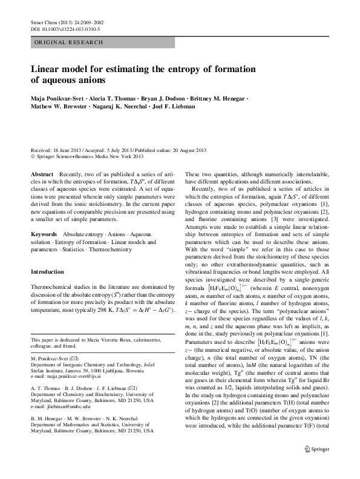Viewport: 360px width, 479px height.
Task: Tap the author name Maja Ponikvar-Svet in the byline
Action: click(58, 97)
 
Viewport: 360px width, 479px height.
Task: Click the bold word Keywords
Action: click(44, 233)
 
